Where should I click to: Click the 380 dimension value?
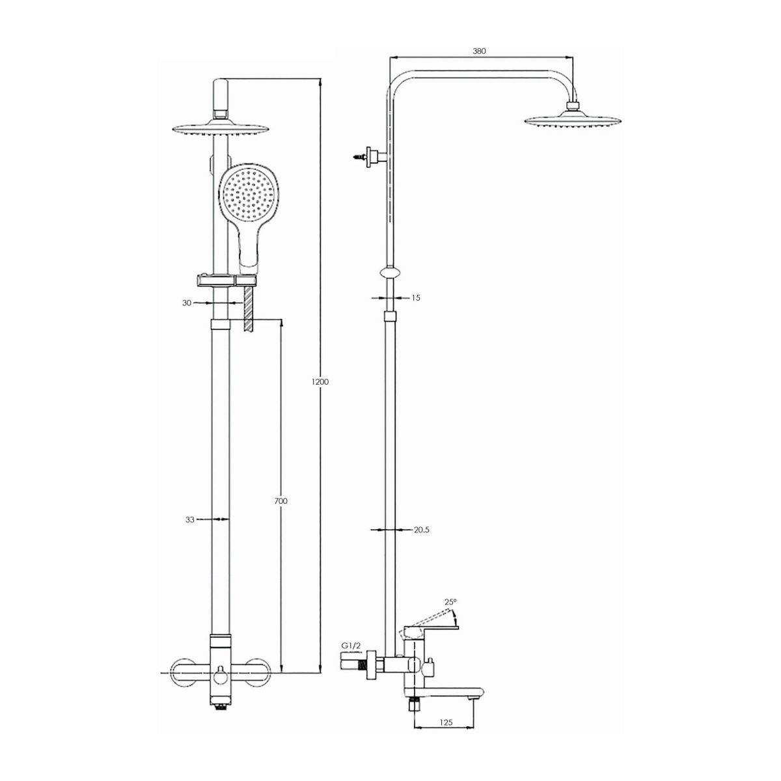tap(479, 51)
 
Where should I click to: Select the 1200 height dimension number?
tap(320, 381)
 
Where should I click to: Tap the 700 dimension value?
tap(281, 501)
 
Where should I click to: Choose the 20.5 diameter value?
tap(422, 529)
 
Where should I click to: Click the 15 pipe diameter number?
tap(416, 297)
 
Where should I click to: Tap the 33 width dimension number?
tap(189, 519)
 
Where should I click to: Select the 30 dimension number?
tap(186, 303)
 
